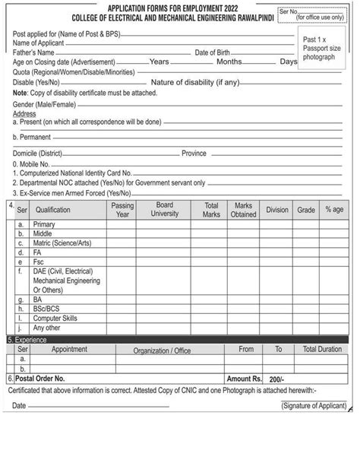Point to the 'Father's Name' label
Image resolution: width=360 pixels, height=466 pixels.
33,53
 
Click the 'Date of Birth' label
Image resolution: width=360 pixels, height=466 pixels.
216,53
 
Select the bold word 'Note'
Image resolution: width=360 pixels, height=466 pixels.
20,93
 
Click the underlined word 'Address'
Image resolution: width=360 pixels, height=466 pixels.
24,113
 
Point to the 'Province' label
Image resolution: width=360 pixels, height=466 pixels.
194,154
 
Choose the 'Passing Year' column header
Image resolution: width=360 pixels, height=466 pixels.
122,210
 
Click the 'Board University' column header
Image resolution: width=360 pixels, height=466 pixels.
165,210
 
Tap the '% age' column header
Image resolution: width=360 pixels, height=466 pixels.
334,210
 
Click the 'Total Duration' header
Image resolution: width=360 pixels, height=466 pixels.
322,350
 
